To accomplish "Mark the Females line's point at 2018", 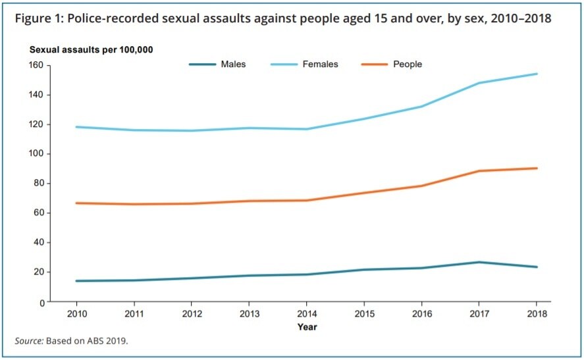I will click(x=537, y=74).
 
